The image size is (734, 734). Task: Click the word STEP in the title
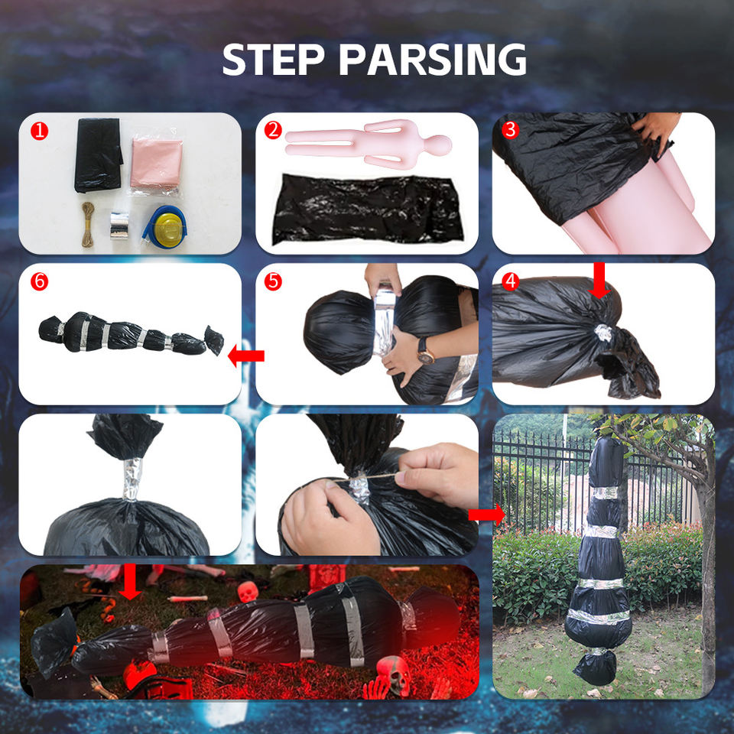click(273, 59)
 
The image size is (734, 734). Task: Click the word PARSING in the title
click(433, 59)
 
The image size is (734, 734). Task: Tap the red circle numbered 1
click(39, 131)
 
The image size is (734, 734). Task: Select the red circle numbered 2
click(273, 130)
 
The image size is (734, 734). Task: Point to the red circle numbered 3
click(510, 130)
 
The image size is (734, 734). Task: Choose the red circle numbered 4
click(510, 281)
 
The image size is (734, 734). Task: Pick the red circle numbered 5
click(273, 281)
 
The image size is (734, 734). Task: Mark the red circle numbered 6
click(39, 281)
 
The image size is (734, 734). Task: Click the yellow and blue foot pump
click(165, 228)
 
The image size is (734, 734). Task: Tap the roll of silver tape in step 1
click(119, 225)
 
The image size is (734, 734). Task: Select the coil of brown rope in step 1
click(88, 224)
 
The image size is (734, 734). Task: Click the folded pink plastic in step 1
click(156, 165)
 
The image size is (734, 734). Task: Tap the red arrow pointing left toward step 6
click(246, 357)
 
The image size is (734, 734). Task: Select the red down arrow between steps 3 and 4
click(599, 281)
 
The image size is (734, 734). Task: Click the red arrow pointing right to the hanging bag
click(487, 515)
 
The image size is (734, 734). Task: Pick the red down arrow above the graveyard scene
click(130, 581)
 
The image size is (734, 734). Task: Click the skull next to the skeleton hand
click(395, 675)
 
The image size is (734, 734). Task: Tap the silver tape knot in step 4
click(602, 333)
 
